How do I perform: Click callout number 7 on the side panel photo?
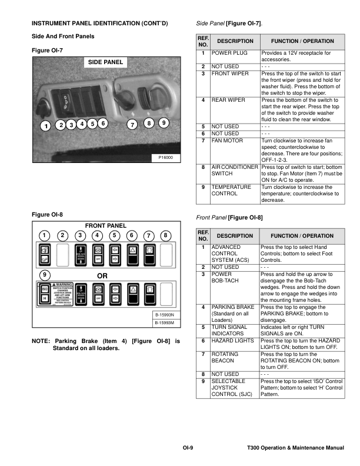coord(132,125)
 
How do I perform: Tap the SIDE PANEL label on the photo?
coord(106,62)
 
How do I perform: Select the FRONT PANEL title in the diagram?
coord(106,225)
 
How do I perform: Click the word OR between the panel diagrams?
coord(102,275)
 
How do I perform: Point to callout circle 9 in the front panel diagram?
coord(44,275)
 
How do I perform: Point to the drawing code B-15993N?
coord(164,315)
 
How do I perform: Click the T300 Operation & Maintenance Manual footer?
coord(296,449)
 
